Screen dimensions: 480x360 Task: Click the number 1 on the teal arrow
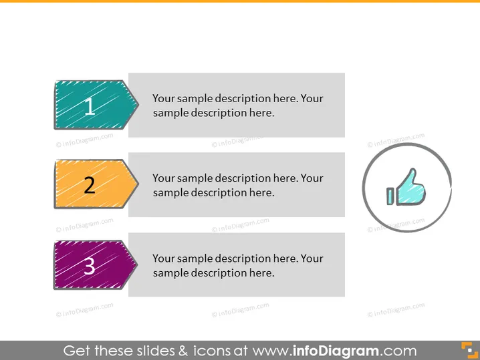pos(90,106)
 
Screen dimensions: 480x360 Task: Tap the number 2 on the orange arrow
pos(90,185)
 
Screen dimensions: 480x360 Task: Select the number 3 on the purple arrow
pos(89,266)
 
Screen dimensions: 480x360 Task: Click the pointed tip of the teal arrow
pos(138,105)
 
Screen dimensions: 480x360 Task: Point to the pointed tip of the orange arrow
pos(138,184)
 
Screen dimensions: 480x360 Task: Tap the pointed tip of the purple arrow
pos(138,264)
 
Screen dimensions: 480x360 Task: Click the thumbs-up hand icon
pos(406,187)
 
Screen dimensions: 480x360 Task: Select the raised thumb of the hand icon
pos(410,178)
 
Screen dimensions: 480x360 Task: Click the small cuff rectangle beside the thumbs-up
pos(390,196)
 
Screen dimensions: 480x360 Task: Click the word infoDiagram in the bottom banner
pos(336,351)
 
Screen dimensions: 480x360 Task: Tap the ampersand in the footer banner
pos(183,351)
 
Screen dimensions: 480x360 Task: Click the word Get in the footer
pos(77,351)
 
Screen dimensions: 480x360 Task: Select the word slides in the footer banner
pos(156,351)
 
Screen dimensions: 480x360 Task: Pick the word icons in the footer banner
pos(211,351)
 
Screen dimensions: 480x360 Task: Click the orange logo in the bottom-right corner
pos(469,350)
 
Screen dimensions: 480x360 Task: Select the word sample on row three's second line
pos(171,273)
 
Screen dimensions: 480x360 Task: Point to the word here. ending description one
pos(262,113)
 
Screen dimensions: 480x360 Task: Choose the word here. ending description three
pos(262,273)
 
